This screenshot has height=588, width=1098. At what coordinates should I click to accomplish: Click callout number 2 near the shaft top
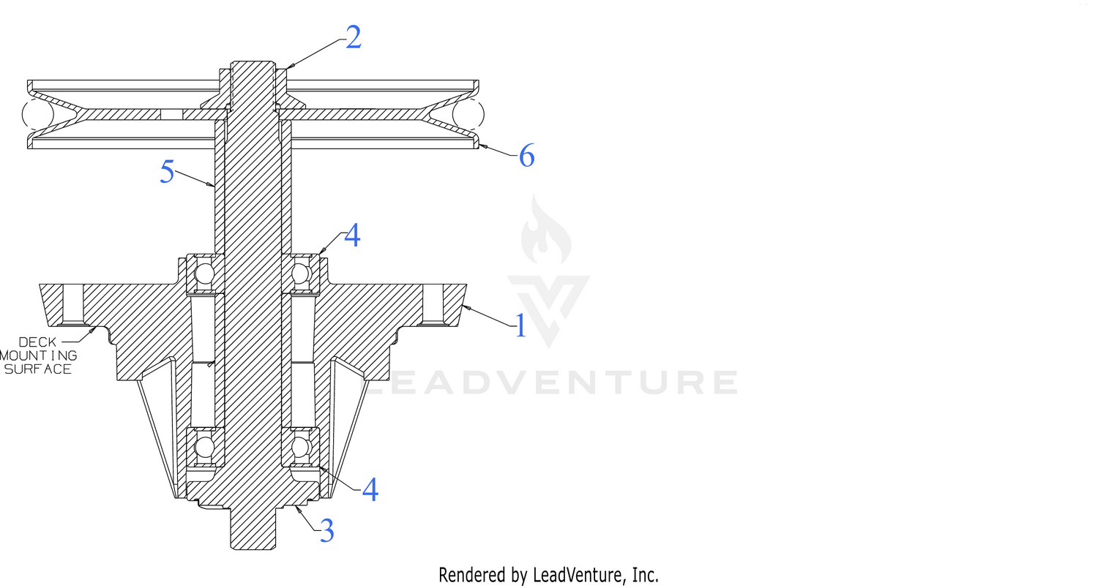(x=354, y=37)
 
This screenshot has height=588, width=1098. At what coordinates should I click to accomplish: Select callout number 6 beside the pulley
(x=526, y=157)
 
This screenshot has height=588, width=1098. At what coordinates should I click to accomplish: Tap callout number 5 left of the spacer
(x=167, y=172)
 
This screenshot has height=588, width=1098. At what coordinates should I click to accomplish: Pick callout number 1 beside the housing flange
(x=520, y=325)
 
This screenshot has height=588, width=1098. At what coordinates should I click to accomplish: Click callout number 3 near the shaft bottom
(x=327, y=530)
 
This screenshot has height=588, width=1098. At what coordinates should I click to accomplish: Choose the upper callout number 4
(x=352, y=235)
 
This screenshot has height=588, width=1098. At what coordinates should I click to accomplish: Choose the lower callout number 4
(x=370, y=489)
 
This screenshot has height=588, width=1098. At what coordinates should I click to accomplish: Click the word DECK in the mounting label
(x=38, y=342)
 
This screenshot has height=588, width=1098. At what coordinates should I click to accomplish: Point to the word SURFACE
(x=38, y=369)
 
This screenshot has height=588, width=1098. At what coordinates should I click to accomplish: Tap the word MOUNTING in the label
(x=38, y=355)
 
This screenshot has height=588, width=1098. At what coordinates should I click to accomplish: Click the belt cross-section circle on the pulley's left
(x=38, y=114)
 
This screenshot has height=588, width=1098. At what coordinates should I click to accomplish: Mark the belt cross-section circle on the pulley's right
(x=468, y=114)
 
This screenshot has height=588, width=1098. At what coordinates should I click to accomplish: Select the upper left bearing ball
(x=204, y=274)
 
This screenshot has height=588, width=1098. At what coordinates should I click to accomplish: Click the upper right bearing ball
(x=301, y=274)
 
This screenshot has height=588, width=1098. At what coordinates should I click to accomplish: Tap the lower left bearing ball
(x=204, y=447)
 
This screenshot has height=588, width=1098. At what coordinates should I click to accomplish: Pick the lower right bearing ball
(x=301, y=447)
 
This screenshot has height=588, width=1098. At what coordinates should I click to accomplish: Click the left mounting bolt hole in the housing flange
(x=73, y=304)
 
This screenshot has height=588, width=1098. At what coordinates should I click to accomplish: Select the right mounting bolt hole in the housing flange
(x=433, y=304)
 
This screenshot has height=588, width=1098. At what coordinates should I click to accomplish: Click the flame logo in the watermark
(x=545, y=230)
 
